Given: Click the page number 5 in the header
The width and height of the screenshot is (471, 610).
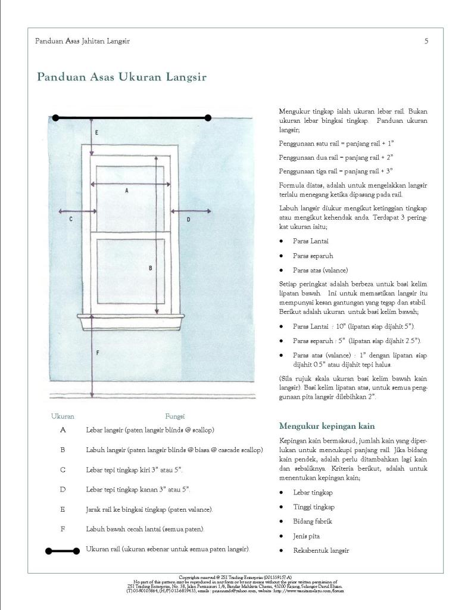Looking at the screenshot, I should point(426,41).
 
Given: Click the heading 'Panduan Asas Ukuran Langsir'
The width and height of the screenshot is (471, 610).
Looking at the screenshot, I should point(121,77).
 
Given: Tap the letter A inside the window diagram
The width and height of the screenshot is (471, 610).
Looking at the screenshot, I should point(126,191).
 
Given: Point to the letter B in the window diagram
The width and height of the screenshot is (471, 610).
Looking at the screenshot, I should point(150,268).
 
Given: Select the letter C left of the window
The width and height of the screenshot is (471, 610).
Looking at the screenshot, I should point(71,220).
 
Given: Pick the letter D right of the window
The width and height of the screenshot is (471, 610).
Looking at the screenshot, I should point(188,220).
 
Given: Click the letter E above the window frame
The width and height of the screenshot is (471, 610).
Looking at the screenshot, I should point(97,132).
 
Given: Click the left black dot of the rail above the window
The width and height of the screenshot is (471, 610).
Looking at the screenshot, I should point(55,118).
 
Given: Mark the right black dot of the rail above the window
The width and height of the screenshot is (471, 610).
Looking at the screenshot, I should point(208,118).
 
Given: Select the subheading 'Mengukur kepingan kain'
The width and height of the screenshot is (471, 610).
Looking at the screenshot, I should point(327,426).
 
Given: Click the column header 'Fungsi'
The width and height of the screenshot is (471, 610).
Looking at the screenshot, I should point(175,416).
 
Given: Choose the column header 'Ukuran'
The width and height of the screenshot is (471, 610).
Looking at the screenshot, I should point(63,416).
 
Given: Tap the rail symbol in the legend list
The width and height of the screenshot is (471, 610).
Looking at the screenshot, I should point(63,550).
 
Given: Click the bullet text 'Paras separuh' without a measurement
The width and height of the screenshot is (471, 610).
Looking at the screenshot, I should point(313,256).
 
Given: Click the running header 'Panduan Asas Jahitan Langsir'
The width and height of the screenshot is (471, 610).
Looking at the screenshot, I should point(83,41).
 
